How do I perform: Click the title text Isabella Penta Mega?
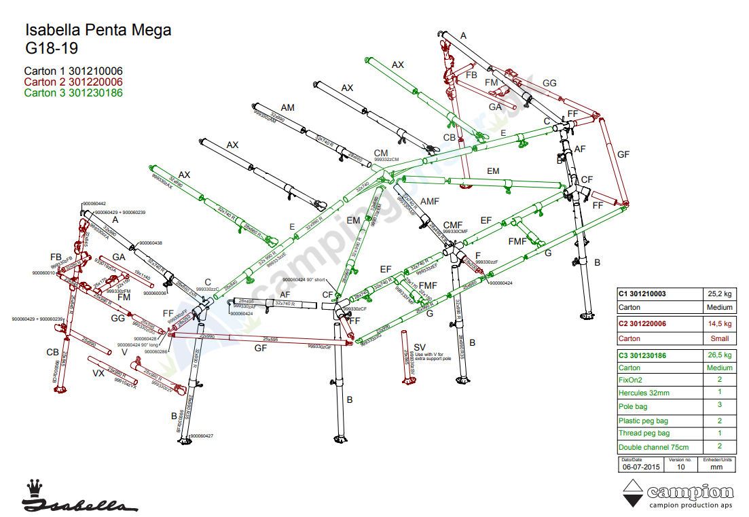(98, 31)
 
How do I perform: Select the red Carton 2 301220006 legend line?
(73, 82)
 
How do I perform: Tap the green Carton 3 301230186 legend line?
(73, 93)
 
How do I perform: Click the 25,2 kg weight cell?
(718, 294)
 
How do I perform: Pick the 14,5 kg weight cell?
(718, 324)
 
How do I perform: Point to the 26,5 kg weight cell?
(718, 355)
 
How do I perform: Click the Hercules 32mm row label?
(644, 393)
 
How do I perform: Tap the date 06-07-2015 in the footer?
(641, 467)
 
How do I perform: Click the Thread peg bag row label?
(644, 433)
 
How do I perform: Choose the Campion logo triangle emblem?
(633, 493)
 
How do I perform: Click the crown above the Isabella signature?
(33, 487)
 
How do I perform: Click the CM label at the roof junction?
(381, 154)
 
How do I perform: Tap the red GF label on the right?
(623, 154)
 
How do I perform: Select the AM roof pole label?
(287, 108)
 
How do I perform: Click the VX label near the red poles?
(98, 374)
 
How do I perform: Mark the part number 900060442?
(94, 204)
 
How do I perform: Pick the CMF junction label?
(453, 225)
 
